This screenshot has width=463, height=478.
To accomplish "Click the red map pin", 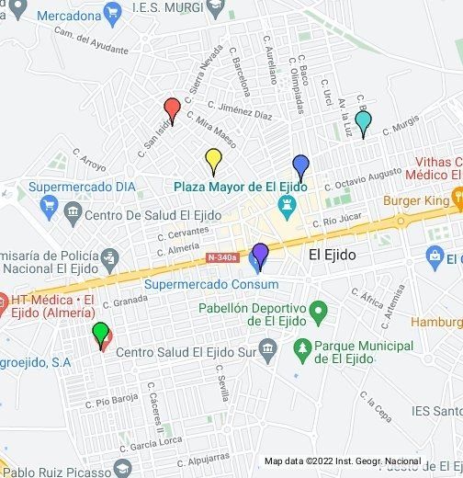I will tap(171, 109).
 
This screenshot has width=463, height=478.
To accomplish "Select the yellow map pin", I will tap(213, 159).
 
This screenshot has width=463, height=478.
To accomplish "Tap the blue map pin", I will tap(299, 166).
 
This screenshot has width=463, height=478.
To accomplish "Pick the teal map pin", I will tap(363, 120).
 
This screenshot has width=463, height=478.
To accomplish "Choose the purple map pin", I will tap(260, 254).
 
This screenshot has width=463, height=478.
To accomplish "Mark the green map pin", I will tap(100, 333).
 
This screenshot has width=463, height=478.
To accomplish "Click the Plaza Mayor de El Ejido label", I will tap(240, 187).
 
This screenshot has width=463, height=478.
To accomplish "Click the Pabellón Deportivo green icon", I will tap(319, 314).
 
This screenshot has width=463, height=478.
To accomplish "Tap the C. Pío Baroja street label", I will tap(111, 400).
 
